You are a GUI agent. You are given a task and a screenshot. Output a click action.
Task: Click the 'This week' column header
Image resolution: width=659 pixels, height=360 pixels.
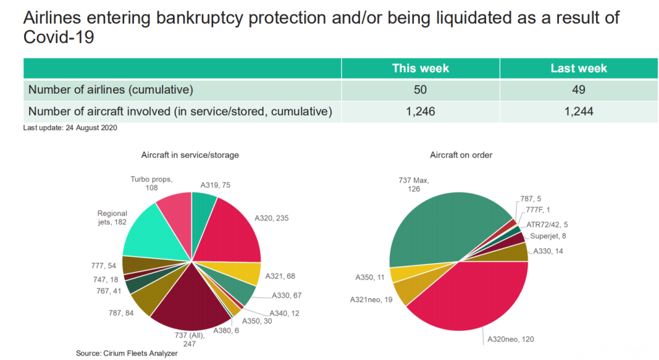[420, 68]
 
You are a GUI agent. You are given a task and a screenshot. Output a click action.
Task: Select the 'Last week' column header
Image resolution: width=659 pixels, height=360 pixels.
[578, 68]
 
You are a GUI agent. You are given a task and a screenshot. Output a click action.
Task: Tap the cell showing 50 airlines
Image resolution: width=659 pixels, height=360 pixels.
[420, 90]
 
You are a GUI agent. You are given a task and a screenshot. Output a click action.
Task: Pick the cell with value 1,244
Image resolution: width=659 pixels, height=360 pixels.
[578, 111]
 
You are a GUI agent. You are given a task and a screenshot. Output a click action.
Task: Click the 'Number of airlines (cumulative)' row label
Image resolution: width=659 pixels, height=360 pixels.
[111, 90]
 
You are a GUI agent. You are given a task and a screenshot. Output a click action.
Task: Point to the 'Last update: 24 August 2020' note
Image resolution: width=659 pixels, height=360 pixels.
[70, 127]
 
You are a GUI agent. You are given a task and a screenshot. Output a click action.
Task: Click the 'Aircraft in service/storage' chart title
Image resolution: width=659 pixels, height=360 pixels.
[190, 155]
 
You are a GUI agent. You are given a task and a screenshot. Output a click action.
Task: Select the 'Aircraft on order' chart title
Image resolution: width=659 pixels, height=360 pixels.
[461, 155]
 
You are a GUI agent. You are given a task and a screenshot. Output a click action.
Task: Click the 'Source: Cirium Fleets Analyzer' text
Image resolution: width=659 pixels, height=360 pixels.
[127, 353]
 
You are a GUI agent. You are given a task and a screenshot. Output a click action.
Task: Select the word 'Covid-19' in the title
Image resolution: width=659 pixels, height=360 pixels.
[59, 38]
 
